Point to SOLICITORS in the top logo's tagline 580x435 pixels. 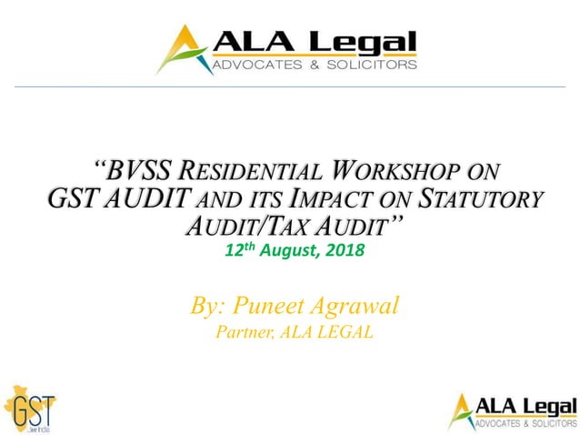[374, 65]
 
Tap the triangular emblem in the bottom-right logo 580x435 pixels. [461, 410]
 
